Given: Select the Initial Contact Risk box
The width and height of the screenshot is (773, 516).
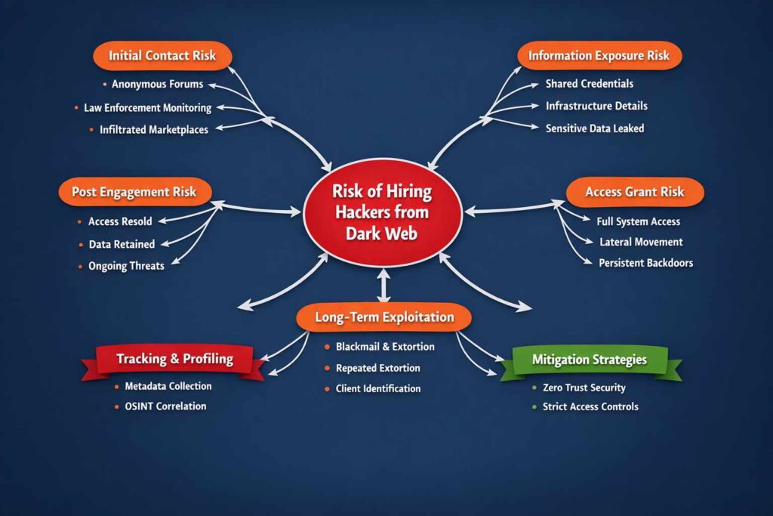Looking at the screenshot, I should [x=162, y=56].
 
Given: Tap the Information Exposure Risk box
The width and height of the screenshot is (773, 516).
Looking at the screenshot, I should [x=599, y=56].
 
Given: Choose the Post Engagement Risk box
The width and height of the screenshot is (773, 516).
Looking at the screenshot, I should [x=134, y=192].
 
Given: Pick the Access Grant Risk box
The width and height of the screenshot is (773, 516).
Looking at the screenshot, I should [x=634, y=192].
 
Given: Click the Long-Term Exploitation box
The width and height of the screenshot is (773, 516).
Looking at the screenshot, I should [x=383, y=317].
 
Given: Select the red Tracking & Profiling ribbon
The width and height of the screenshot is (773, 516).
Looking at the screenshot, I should [x=174, y=359].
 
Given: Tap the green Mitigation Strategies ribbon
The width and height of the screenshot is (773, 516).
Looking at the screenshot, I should [x=590, y=360].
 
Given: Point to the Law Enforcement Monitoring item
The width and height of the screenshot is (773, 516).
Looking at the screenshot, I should [x=147, y=108].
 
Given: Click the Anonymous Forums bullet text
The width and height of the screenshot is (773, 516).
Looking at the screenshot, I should [x=157, y=85].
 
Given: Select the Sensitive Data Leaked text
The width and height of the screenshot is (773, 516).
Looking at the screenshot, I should [x=595, y=128].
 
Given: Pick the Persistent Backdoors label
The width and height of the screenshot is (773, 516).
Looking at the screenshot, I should [x=645, y=263].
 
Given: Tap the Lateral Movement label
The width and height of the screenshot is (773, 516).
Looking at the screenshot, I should [x=641, y=243].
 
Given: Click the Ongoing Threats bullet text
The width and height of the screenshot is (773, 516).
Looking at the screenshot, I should [x=126, y=266].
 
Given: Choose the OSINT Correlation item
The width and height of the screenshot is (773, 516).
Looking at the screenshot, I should [x=165, y=406].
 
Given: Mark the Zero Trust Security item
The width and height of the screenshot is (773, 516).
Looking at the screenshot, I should [x=584, y=388].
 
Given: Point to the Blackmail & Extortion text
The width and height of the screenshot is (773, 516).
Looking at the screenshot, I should [x=386, y=347].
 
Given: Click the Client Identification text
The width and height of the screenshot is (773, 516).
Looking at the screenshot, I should [x=379, y=388].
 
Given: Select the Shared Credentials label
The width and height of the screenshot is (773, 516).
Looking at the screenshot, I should [x=590, y=84].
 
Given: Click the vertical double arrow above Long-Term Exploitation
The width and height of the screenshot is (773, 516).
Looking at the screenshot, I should [x=383, y=287].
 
